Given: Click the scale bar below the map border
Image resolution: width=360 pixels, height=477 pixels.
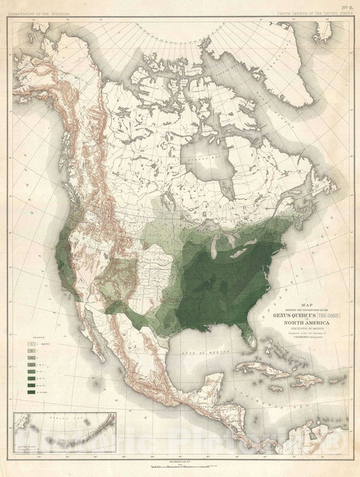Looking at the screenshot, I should tap(182, 465).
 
